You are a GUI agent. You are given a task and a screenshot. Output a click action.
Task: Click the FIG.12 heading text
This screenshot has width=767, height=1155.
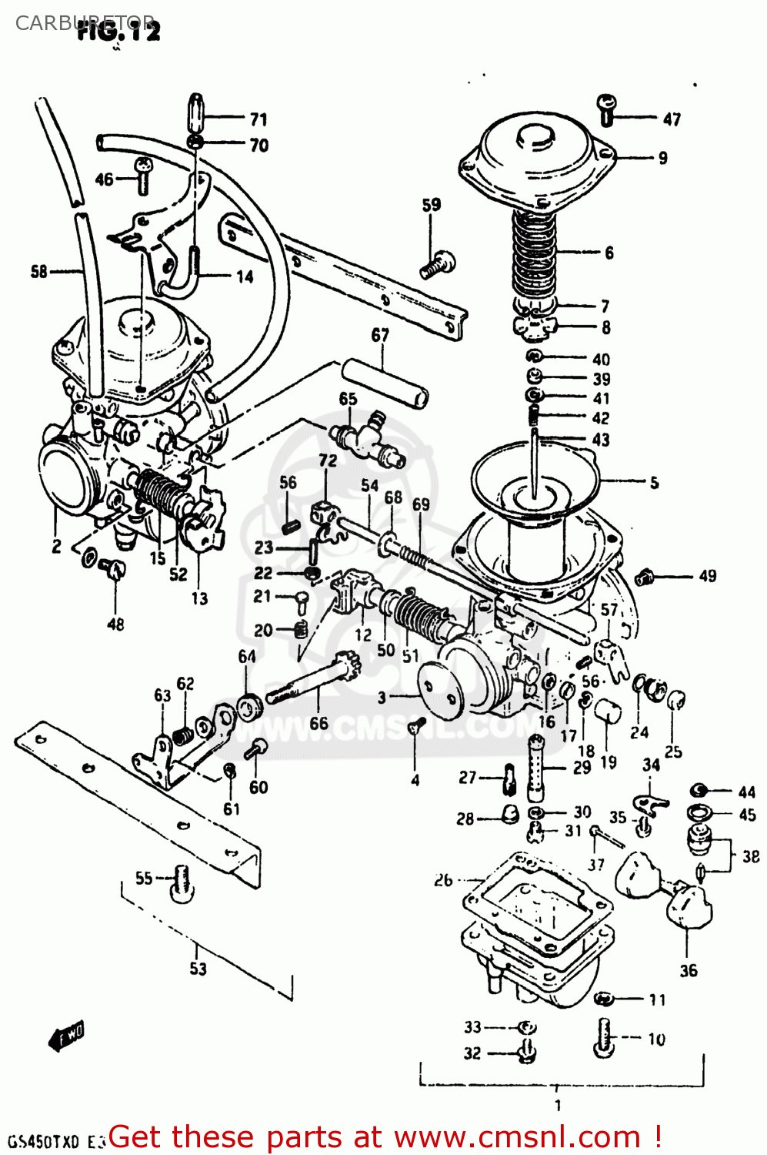coord(119,32)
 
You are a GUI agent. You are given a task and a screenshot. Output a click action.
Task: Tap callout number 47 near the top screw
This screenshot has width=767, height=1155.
coord(672,119)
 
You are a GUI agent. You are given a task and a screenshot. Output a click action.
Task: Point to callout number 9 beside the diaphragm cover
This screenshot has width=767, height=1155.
coord(662,158)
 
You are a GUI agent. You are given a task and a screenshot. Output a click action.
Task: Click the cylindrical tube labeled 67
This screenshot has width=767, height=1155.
coord(385,383)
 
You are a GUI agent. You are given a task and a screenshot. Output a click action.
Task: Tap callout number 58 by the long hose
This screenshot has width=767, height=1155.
coord(38,271)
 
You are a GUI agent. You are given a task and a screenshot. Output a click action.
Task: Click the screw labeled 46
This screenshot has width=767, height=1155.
coord(143,176)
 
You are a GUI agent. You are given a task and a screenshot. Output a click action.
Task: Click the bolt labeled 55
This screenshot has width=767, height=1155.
coord(182,882)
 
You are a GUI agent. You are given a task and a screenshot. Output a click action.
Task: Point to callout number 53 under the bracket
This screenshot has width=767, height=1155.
coord(198,969)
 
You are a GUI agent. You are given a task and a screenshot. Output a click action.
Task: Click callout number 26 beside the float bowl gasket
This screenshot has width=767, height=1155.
coord(443,879)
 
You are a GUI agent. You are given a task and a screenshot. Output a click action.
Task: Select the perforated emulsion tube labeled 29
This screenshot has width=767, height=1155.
coord(536,767)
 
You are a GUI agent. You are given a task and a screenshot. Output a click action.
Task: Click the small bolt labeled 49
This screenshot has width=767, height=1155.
coord(645,575)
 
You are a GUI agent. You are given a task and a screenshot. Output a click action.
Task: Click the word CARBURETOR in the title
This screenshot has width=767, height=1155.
coord(85,22)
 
